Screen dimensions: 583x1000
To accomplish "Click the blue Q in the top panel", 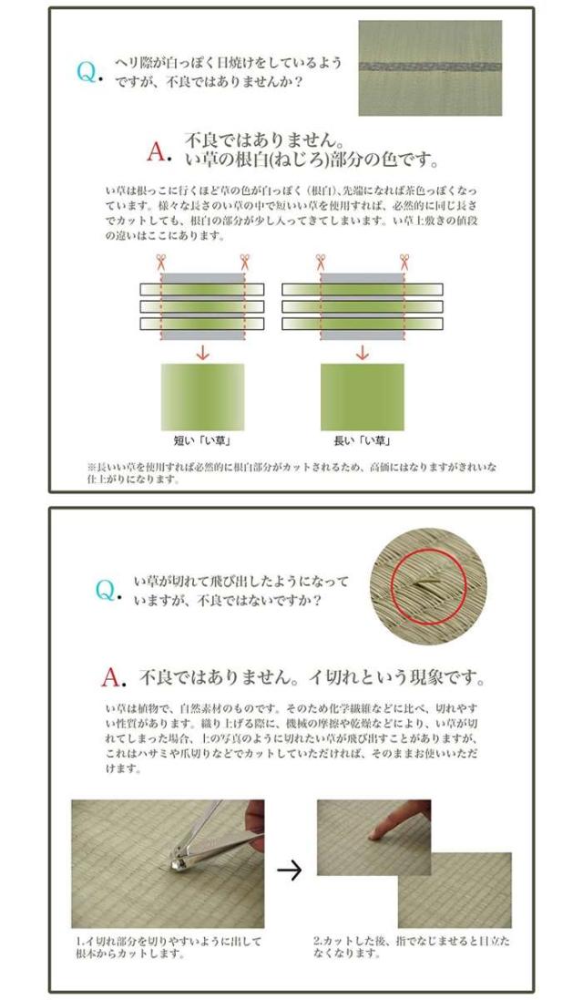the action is pyautogui.click(x=87, y=71).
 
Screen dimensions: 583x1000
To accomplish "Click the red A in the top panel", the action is pyautogui.click(x=156, y=151).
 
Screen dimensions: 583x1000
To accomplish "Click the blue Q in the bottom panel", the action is pyautogui.click(x=105, y=590).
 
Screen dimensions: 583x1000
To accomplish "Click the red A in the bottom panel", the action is pyautogui.click(x=110, y=677).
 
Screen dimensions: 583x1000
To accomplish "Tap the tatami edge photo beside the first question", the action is pyautogui.click(x=430, y=67).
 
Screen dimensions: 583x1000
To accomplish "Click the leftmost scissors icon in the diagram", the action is pyautogui.click(x=160, y=262).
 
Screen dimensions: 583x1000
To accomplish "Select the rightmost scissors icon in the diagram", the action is pyautogui.click(x=404, y=262).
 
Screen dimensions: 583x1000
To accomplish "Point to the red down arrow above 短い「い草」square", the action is pyautogui.click(x=202, y=352).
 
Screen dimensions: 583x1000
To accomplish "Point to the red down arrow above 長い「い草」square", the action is pyautogui.click(x=363, y=352).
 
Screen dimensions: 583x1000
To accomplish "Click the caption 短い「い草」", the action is pyautogui.click(x=202, y=440).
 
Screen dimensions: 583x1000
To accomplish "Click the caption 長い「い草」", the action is pyautogui.click(x=362, y=440).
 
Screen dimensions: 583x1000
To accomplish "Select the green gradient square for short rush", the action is pyautogui.click(x=202, y=397).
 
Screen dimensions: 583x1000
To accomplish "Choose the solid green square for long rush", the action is pyautogui.click(x=363, y=397).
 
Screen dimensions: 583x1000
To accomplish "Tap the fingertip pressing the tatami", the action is pyautogui.click(x=375, y=831).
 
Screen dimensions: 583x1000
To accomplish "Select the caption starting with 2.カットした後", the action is pyautogui.click(x=412, y=947).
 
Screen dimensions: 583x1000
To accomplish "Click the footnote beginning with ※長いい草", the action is pyautogui.click(x=291, y=472).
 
